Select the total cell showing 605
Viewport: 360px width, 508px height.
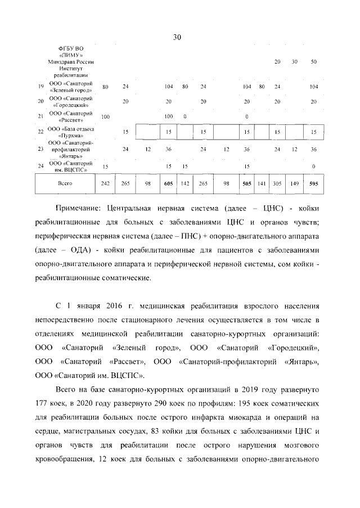(168, 183)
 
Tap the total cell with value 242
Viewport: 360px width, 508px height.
(105, 183)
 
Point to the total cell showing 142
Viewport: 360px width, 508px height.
(184, 183)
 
